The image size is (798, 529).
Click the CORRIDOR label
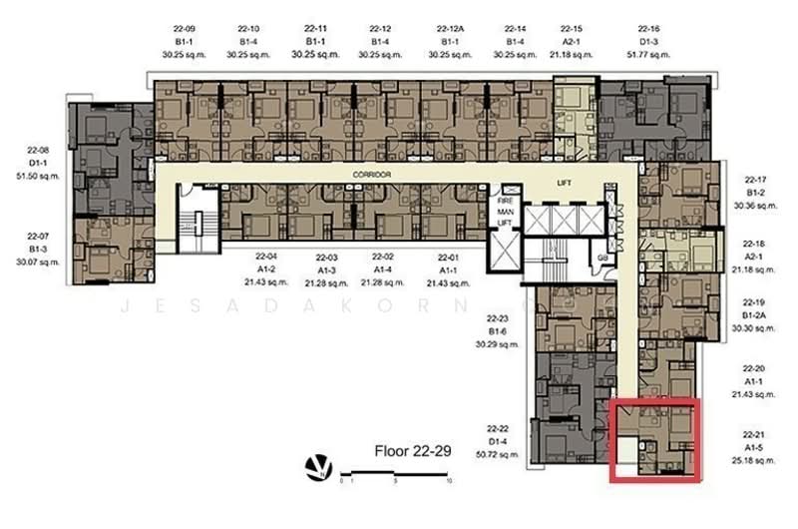pyautogui.click(x=371, y=174)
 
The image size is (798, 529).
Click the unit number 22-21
pyautogui.click(x=754, y=435)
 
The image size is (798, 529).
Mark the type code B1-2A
pyautogui.click(x=754, y=313)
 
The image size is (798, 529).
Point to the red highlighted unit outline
pyautogui.click(x=654, y=440)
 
